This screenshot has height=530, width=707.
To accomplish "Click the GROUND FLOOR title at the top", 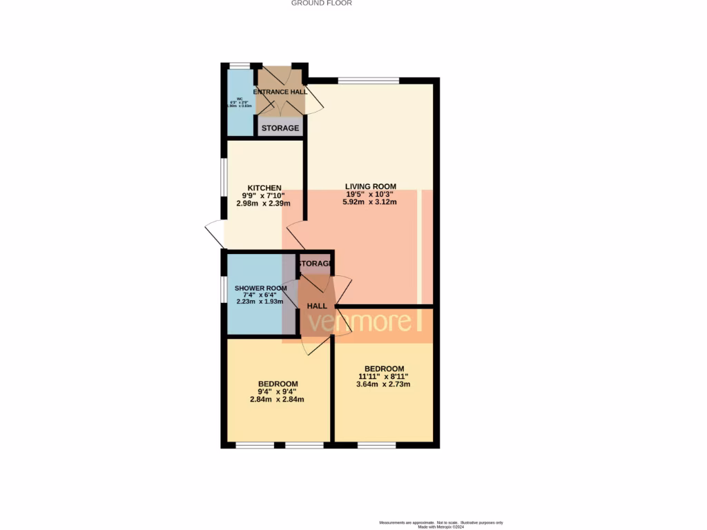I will tap(321, 3).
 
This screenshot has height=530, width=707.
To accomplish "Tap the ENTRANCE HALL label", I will tap(280, 92).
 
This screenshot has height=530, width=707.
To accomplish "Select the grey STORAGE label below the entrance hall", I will tap(280, 128).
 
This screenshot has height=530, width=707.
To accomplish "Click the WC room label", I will tap(241, 99).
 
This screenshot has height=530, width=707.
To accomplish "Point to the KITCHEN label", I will tap(264, 188).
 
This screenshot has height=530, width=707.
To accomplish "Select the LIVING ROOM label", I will tap(371, 186).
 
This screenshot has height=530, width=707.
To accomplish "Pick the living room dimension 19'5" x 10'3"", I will tap(371, 195).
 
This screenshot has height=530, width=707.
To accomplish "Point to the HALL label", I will tap(317, 306).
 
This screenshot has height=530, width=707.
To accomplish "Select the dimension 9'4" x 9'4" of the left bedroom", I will tap(278, 392).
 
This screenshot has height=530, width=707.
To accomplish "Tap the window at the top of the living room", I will tap(368, 81).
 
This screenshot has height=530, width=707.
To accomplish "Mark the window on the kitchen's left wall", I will tap(224, 183).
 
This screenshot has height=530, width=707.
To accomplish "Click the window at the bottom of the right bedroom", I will tap(376, 446).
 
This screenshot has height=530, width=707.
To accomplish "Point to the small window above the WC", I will tap(240, 66).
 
